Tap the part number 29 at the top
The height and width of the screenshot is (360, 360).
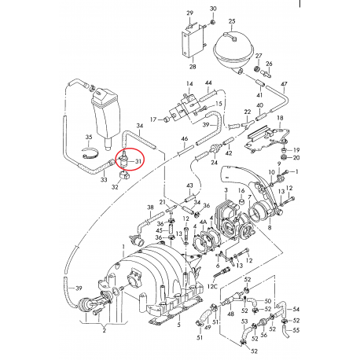pyautogui.click(x=189, y=14)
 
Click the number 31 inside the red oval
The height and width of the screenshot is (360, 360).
pyautogui.click(x=138, y=162)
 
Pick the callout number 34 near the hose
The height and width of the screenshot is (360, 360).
pyautogui.click(x=139, y=125)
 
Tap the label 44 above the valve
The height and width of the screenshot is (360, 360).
pyautogui.click(x=208, y=83)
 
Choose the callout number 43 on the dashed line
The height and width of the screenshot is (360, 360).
pyautogui.click(x=189, y=185)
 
